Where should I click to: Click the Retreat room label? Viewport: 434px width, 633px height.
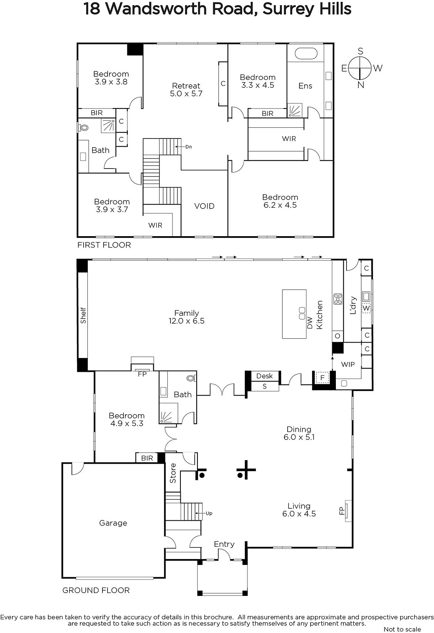(x=186, y=85)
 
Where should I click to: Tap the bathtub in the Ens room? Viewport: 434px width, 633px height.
(x=306, y=53)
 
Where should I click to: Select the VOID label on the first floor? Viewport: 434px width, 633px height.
(x=204, y=206)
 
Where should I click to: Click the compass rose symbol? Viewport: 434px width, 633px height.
(x=359, y=68)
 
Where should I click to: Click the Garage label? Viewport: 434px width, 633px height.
(x=113, y=523)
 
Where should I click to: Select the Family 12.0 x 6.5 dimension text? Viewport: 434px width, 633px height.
(x=186, y=321)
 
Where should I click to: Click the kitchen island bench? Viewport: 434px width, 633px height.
(x=294, y=314)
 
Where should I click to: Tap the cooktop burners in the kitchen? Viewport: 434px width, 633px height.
(x=338, y=299)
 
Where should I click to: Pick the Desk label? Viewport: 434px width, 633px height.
(x=264, y=376)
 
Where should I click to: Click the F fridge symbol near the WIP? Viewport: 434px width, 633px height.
(x=322, y=377)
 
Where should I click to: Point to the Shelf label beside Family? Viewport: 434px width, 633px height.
(x=83, y=315)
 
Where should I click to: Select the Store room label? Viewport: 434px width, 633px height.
(x=172, y=473)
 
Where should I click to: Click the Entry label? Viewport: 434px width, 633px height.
(x=224, y=544)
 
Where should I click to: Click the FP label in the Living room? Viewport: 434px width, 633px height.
(x=341, y=510)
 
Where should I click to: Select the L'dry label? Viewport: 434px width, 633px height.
(x=353, y=305)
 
